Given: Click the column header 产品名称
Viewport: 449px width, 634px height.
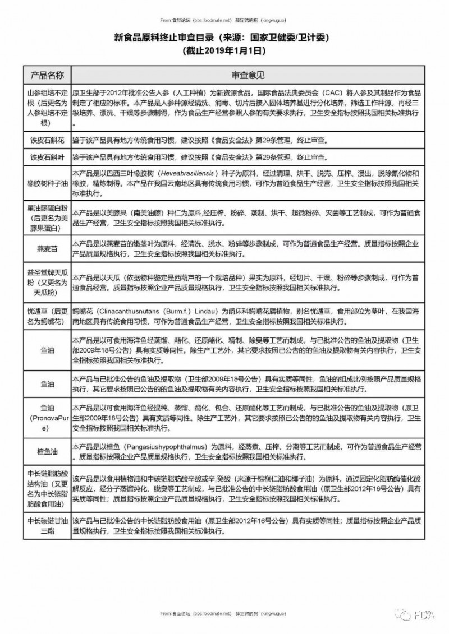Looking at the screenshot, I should click(47, 75).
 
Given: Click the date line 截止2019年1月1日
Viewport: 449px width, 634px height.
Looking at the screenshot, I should click(224, 50).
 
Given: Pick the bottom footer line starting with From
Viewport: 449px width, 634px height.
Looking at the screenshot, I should click(224, 614).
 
